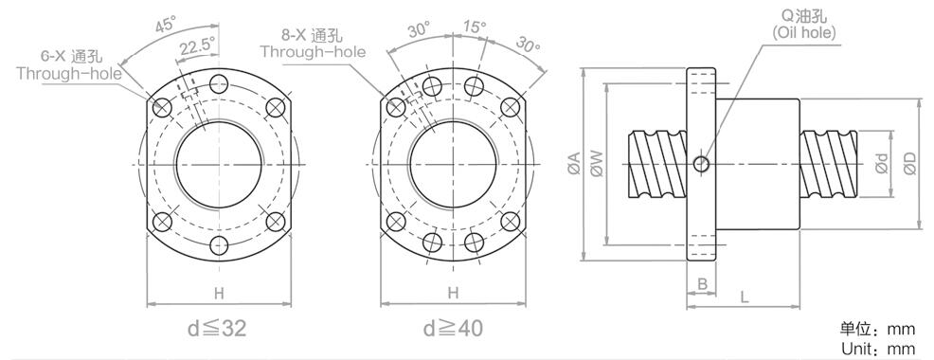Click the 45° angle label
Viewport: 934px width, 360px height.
pyautogui.click(x=166, y=25)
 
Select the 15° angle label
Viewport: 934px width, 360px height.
pyautogui.click(x=475, y=27)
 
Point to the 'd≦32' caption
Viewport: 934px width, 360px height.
pyautogui.click(x=218, y=329)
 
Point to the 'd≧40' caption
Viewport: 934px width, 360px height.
pyautogui.click(x=453, y=329)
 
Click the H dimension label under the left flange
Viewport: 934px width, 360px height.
pyautogui.click(x=219, y=293)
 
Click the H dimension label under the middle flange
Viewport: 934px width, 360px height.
pyautogui.click(x=454, y=293)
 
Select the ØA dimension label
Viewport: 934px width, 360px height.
pyautogui.click(x=574, y=163)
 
